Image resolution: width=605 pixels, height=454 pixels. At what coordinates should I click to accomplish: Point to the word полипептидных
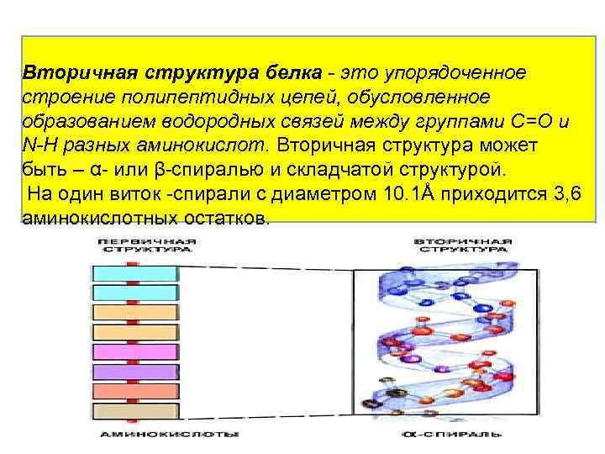coord(177,97)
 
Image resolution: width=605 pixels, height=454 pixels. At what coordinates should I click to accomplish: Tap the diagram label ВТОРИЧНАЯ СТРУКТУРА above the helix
coord(463,245)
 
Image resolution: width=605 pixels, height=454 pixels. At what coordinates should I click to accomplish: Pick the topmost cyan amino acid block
coord(134,273)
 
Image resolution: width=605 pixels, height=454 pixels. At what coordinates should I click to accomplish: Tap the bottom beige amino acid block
coord(134,412)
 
